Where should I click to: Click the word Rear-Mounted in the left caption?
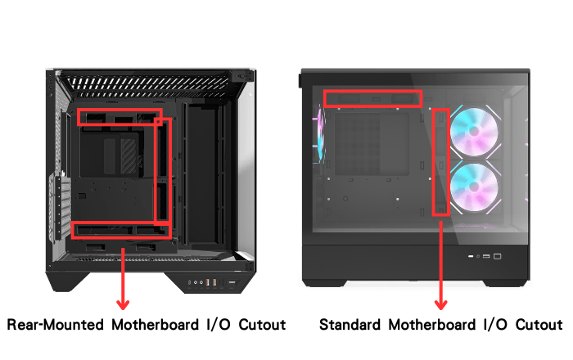[56, 325]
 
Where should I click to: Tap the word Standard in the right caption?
[350, 325]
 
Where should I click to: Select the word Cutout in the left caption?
[262, 325]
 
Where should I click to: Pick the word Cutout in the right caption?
[539, 325]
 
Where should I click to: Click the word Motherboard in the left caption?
[155, 325]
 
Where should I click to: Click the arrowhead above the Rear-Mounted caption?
[123, 304]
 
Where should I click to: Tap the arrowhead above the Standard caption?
[440, 304]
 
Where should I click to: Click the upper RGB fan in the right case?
[474, 133]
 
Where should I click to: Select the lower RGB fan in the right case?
[474, 187]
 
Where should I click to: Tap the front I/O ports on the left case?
[213, 282]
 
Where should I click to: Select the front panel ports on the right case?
[485, 256]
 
